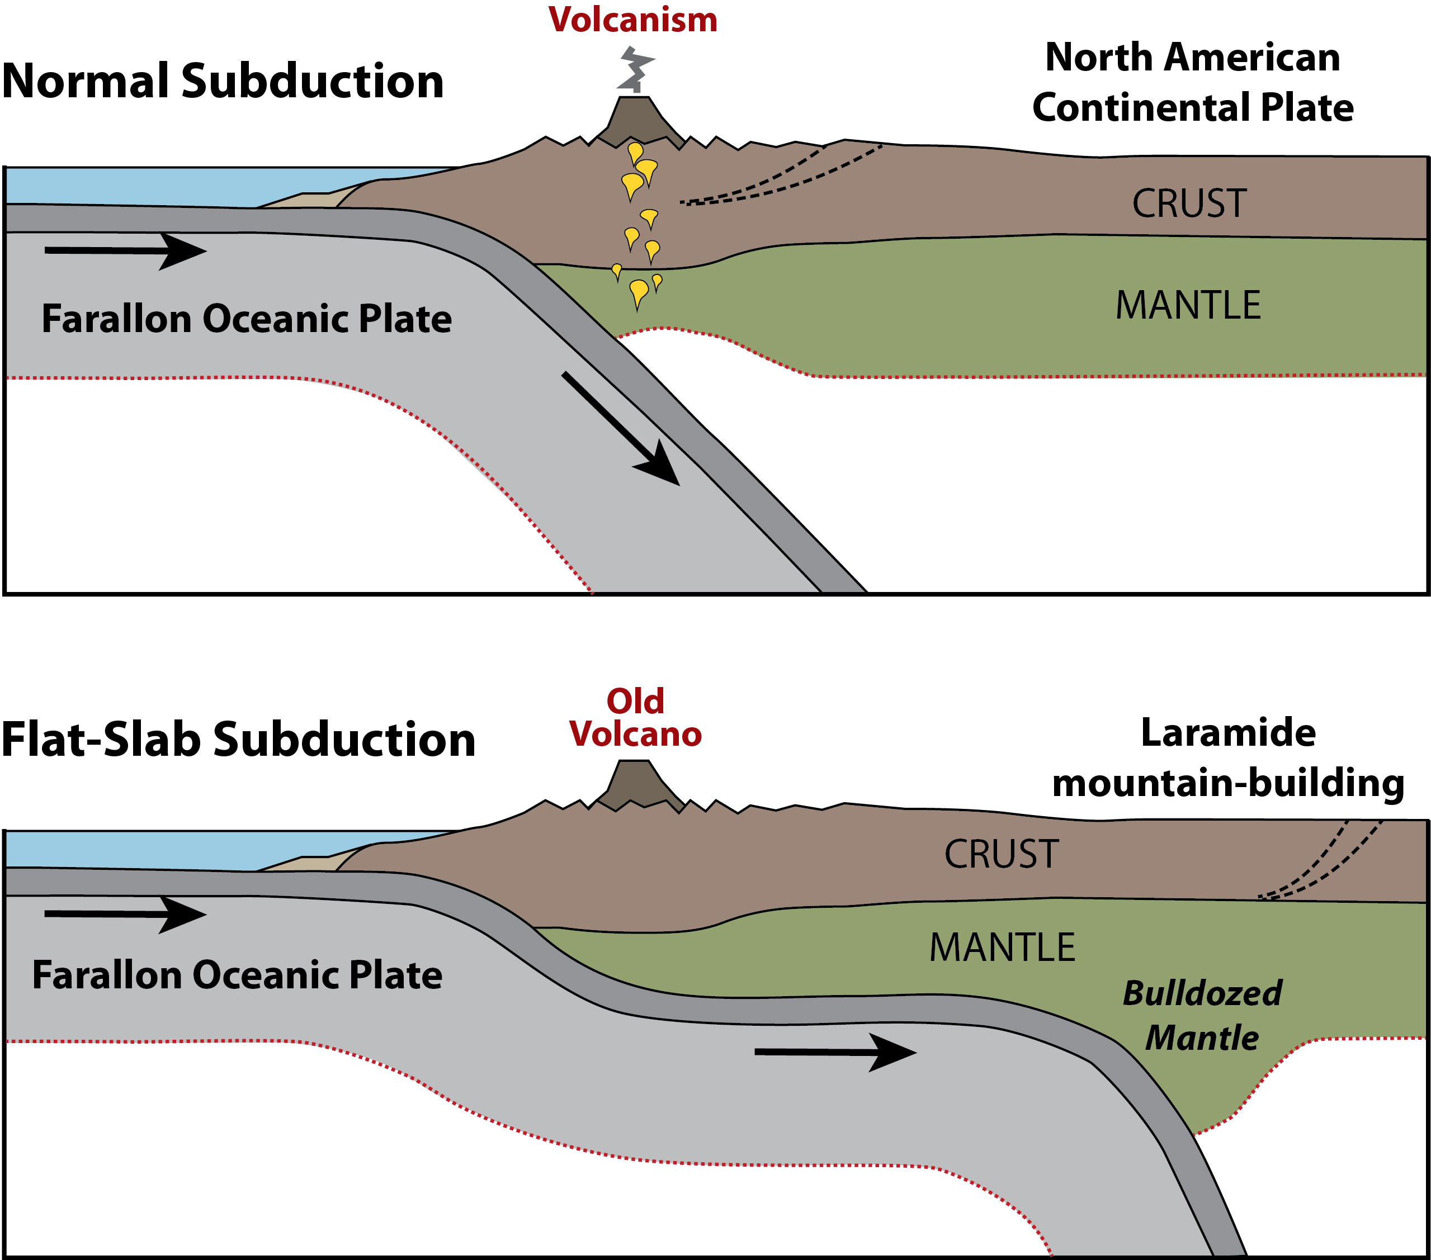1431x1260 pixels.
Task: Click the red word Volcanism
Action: click(x=632, y=20)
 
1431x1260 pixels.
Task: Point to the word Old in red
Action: click(x=635, y=702)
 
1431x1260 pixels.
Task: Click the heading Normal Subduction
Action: click(x=223, y=81)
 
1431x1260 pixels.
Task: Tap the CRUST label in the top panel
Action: click(x=1189, y=203)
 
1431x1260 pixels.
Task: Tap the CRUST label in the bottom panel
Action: click(x=1001, y=855)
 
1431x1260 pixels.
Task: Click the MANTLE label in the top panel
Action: click(x=1188, y=305)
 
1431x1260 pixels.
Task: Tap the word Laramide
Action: click(x=1228, y=733)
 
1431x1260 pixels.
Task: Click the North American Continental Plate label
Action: click(x=1192, y=83)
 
